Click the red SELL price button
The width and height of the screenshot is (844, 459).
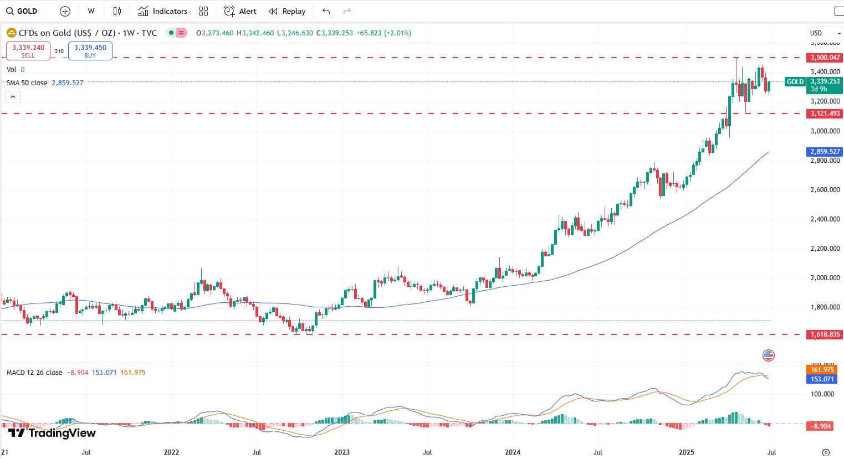point(28,51)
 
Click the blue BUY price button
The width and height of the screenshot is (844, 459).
point(90,51)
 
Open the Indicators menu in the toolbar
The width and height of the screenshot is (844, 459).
point(163,11)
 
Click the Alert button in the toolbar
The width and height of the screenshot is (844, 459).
point(240,11)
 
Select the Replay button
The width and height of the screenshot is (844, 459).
point(287,11)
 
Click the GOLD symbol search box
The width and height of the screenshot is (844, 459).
point(22,11)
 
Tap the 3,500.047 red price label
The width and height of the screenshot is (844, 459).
point(825,58)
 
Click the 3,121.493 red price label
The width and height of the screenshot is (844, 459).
point(825,114)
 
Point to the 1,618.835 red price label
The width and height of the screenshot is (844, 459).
point(825,334)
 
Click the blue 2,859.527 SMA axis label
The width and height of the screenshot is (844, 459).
point(825,151)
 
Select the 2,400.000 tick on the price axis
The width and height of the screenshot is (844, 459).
point(825,219)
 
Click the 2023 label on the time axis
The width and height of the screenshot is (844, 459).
point(342,452)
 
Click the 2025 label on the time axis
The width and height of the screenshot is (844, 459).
point(687,452)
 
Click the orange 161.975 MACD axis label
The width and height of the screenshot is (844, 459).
point(822,370)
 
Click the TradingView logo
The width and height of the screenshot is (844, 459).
point(52,433)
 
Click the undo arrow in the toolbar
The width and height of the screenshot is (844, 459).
point(326,11)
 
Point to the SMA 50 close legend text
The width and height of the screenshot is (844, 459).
point(27,83)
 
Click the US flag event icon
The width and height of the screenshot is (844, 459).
point(769,355)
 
